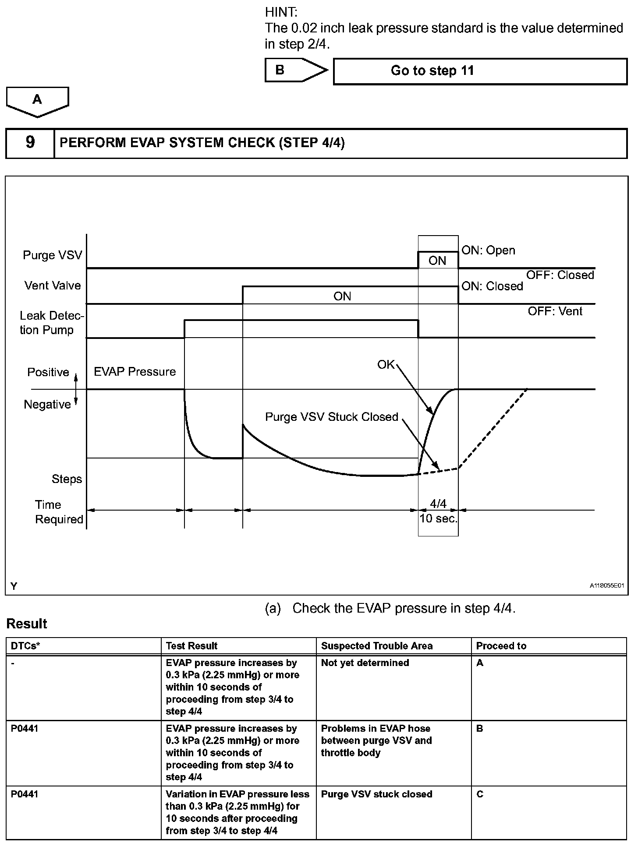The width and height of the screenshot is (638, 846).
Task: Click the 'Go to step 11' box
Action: pos(480,71)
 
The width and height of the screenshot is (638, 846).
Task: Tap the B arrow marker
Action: pos(295,70)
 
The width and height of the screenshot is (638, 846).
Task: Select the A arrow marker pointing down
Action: pos(37,101)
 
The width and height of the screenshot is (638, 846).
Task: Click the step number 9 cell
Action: pos(30,143)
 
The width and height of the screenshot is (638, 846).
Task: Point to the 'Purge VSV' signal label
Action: pos(53,255)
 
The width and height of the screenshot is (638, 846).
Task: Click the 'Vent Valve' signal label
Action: pos(53,286)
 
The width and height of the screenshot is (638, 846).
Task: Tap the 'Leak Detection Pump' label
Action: pos(51,323)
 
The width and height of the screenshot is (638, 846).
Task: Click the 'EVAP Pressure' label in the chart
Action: pos(135,372)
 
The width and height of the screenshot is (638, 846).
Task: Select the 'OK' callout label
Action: pos(386,364)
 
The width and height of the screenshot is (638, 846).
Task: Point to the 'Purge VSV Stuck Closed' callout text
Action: pos(332,417)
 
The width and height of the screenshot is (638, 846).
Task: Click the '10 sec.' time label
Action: pos(438,519)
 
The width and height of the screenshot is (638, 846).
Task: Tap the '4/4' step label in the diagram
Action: pos(438,504)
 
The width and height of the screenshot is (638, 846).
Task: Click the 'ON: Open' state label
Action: pos(488,250)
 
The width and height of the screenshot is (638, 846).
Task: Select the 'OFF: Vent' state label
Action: pos(555,311)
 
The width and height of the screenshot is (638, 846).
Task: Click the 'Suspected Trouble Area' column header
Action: pos(376,646)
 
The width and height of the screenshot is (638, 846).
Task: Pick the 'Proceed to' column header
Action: pos(501,646)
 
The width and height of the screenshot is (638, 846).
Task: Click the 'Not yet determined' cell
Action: pos(365,663)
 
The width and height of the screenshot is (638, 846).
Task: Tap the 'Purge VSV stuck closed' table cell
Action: pos(376,794)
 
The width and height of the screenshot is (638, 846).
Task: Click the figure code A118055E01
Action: pos(606,585)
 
